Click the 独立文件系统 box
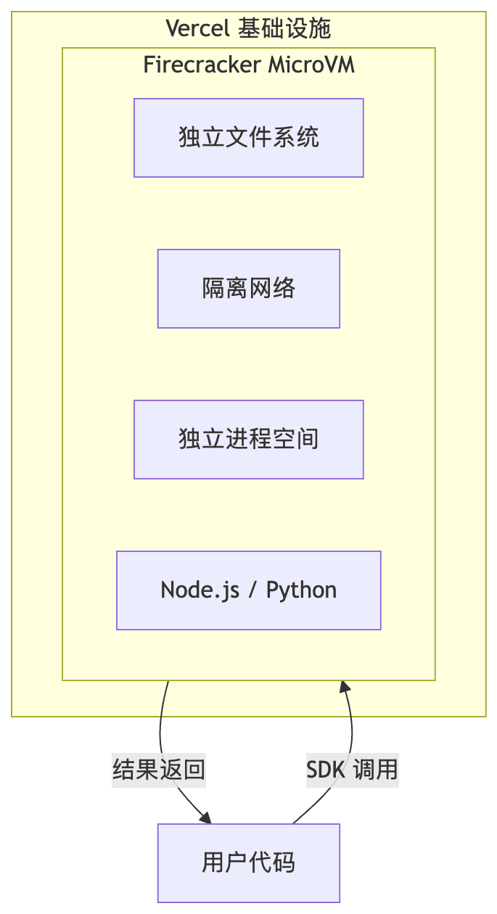coord(248,138)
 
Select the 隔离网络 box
coord(248,289)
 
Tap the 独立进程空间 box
coord(248,440)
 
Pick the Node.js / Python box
coord(248,590)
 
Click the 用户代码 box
coord(248,863)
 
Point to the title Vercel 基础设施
coord(248,28)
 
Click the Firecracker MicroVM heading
coord(248,65)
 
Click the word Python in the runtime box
coord(301,590)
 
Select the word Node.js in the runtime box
coord(200,590)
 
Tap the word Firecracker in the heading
coord(202,65)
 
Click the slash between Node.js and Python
coord(252,590)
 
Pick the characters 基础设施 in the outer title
coord(284,28)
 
